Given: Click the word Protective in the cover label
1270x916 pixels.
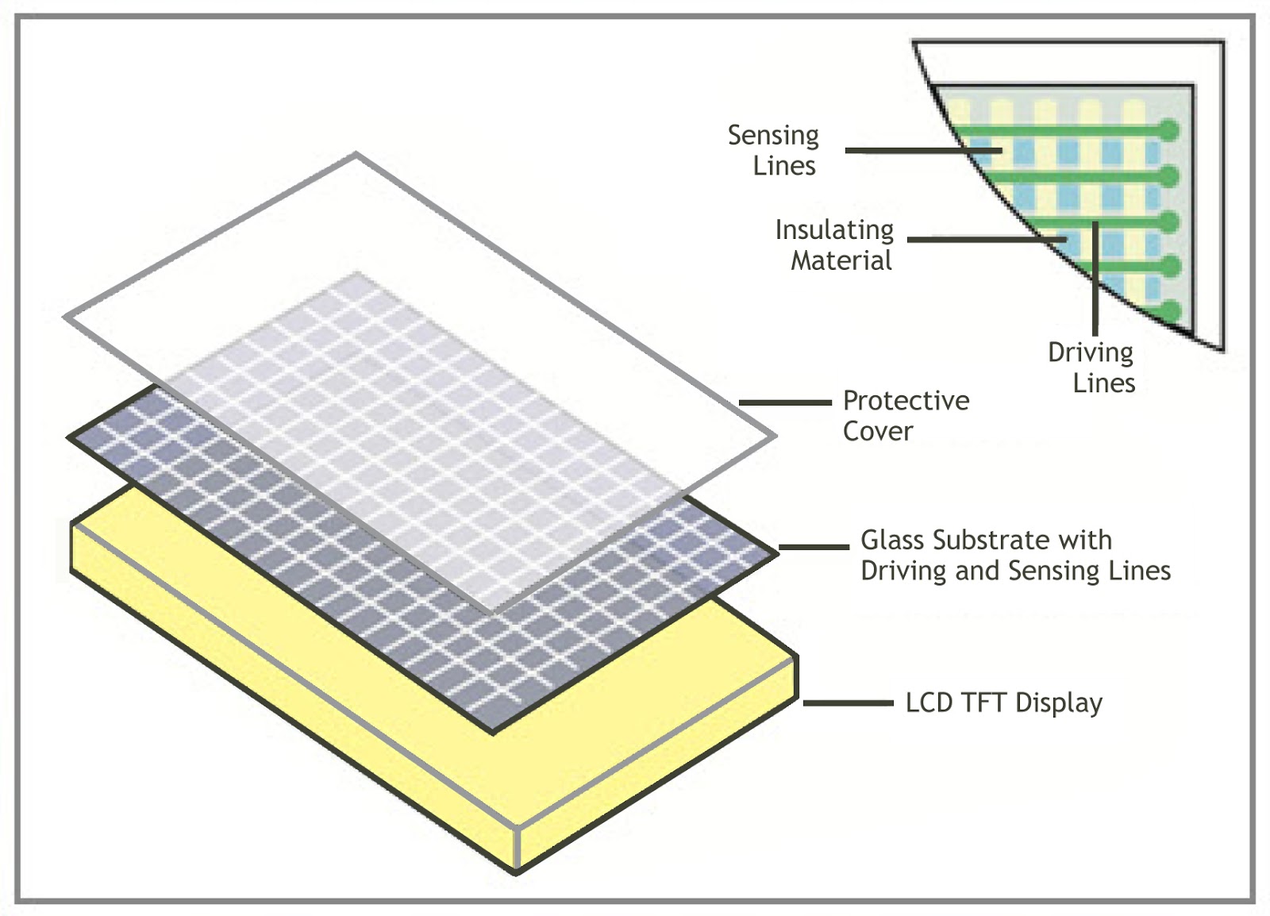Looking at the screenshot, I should [x=906, y=401].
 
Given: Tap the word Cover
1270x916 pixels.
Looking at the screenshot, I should [x=877, y=432].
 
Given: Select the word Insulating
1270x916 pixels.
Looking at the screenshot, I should [x=834, y=230].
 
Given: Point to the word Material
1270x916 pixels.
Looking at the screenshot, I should [x=841, y=260].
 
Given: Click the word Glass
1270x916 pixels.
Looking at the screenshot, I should [x=893, y=541].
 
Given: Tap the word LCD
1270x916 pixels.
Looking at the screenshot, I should [x=929, y=702].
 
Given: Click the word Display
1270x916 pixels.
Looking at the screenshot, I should [x=1059, y=703].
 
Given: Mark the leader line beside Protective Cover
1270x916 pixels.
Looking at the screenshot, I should [x=784, y=402].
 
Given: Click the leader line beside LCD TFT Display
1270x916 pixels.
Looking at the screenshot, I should [x=848, y=702].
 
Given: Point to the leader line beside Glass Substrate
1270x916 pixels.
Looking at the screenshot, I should [x=814, y=547].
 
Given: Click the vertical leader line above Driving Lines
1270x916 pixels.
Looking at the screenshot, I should [x=1095, y=278].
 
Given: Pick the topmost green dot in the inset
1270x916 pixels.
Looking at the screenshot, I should [x=1169, y=129].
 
